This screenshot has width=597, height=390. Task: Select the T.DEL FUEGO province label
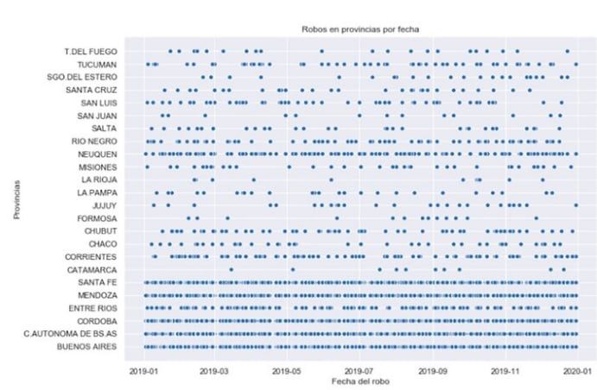pos(92,52)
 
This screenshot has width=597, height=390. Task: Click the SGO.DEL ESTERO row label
pos(84,78)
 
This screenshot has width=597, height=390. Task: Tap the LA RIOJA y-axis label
pos(98,180)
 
